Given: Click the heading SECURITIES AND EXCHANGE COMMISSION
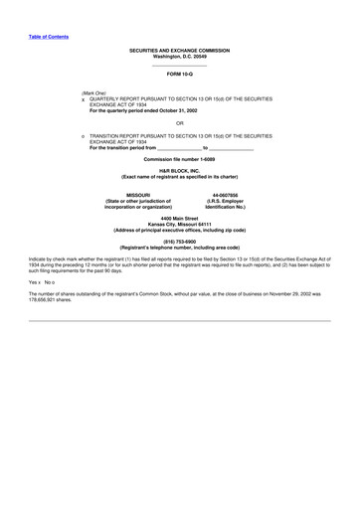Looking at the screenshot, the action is [179, 49].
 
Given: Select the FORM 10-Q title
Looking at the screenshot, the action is [179, 75].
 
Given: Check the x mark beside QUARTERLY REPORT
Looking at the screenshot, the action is [84, 100].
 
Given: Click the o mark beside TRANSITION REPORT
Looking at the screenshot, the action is [84, 135].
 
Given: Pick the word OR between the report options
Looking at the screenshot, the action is [179, 123].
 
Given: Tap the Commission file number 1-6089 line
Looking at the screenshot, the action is [179, 159].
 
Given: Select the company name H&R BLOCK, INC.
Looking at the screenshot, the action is [179, 170].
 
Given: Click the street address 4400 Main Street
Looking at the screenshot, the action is [179, 218].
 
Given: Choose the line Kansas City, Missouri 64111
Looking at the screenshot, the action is [179, 224].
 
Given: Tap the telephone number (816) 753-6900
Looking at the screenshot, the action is [179, 240].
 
